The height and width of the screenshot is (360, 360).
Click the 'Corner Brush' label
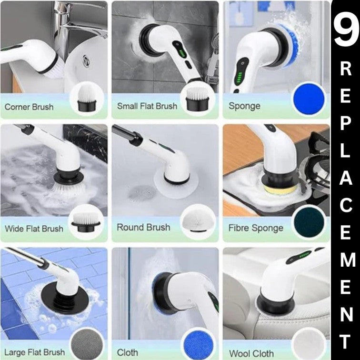(29, 107)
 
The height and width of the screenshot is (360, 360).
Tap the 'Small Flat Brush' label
(147, 106)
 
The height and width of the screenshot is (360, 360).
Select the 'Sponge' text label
(244, 106)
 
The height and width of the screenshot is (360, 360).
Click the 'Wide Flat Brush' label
(34, 229)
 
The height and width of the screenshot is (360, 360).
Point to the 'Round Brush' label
(143, 227)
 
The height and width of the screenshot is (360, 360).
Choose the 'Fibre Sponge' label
(256, 228)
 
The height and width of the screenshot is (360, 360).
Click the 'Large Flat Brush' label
(34, 352)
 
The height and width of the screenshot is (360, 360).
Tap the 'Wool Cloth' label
(251, 353)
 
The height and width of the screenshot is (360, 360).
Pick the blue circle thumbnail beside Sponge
(309, 101)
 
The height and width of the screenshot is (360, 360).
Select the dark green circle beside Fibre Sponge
(309, 222)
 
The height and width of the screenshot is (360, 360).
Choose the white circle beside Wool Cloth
(309, 341)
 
